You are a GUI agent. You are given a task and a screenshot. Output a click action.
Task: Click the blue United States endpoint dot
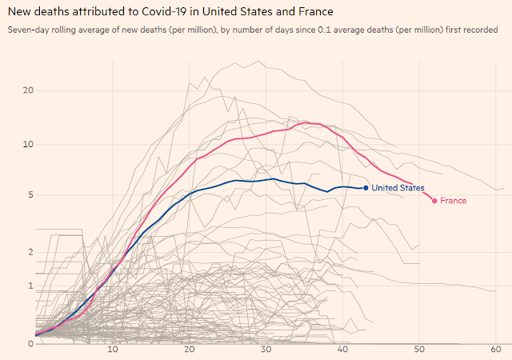(x=366, y=188)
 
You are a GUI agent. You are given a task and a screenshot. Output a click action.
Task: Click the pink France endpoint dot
(x=434, y=201)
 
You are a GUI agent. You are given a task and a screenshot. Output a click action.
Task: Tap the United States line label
(x=398, y=188)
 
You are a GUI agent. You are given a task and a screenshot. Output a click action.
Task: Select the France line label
(x=454, y=201)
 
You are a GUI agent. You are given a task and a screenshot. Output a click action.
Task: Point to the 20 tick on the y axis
(x=29, y=90)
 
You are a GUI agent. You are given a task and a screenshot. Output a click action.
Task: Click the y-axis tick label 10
(x=29, y=144)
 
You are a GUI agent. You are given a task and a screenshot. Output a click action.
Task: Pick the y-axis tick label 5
(x=31, y=194)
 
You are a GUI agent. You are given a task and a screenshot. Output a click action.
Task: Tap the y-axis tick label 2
(x=31, y=252)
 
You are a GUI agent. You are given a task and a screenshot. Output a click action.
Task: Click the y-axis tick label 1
(x=31, y=286)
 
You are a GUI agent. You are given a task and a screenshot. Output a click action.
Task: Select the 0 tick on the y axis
(x=31, y=344)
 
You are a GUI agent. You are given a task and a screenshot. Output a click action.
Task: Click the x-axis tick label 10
(x=113, y=350)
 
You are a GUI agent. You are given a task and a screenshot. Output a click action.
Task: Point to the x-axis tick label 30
(x=266, y=350)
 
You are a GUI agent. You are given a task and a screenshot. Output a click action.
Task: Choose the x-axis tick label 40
(x=342, y=350)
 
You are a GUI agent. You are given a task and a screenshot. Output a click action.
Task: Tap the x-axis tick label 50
(x=419, y=350)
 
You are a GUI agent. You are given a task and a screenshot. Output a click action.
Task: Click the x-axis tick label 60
(x=496, y=350)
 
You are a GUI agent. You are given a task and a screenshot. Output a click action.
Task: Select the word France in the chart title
(x=315, y=11)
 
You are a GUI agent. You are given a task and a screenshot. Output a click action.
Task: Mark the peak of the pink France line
(x=305, y=122)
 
